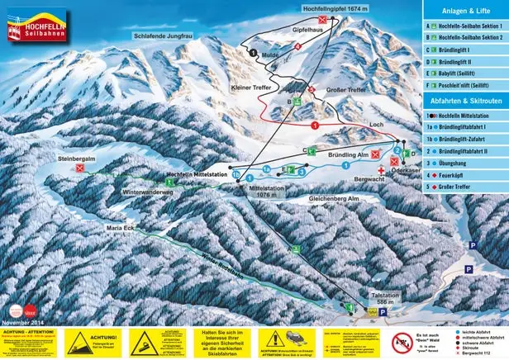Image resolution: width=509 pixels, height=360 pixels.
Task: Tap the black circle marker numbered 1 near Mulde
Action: pos(253,50)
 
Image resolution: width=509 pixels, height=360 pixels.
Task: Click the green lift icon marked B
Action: pos(290,102)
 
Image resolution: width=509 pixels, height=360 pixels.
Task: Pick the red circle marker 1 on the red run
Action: pos(315,124)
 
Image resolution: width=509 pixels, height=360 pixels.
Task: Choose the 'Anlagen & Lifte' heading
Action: pos(464,10)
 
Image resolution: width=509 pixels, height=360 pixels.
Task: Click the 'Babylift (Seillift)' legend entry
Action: pos(462,72)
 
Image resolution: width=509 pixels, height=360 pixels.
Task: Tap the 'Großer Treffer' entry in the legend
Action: pos(459,187)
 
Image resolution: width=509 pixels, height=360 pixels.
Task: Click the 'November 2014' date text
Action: pos(26,321)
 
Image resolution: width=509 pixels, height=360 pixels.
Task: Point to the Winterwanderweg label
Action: pos(147,192)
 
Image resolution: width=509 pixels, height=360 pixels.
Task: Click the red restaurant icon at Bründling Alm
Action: pos(376,154)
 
